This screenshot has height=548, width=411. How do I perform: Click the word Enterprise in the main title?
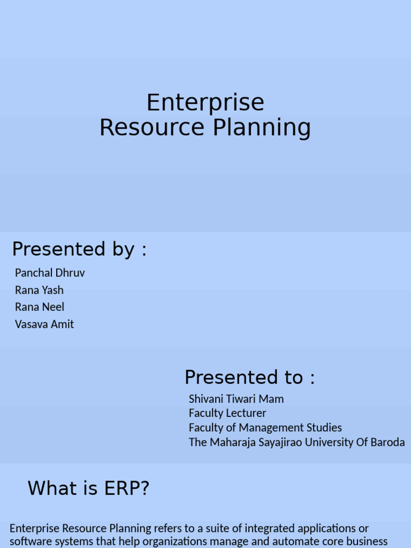pyautogui.click(x=205, y=103)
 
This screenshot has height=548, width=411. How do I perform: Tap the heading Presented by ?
pyautogui.click(x=79, y=249)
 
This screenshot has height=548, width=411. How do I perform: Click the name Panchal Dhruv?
pyautogui.click(x=50, y=273)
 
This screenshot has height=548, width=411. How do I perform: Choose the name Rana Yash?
pyautogui.click(x=39, y=290)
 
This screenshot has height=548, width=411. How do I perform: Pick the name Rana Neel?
pyautogui.click(x=40, y=307)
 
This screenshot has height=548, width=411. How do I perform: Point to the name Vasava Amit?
pyautogui.click(x=44, y=324)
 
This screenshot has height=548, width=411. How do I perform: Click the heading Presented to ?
pyautogui.click(x=249, y=378)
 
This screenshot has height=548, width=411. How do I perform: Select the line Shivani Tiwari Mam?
pyautogui.click(x=236, y=399)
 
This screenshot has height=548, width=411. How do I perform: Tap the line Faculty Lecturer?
pyautogui.click(x=227, y=413)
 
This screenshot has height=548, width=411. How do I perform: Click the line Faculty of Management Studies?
pyautogui.click(x=265, y=428)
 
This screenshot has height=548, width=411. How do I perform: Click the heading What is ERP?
pyautogui.click(x=88, y=489)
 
